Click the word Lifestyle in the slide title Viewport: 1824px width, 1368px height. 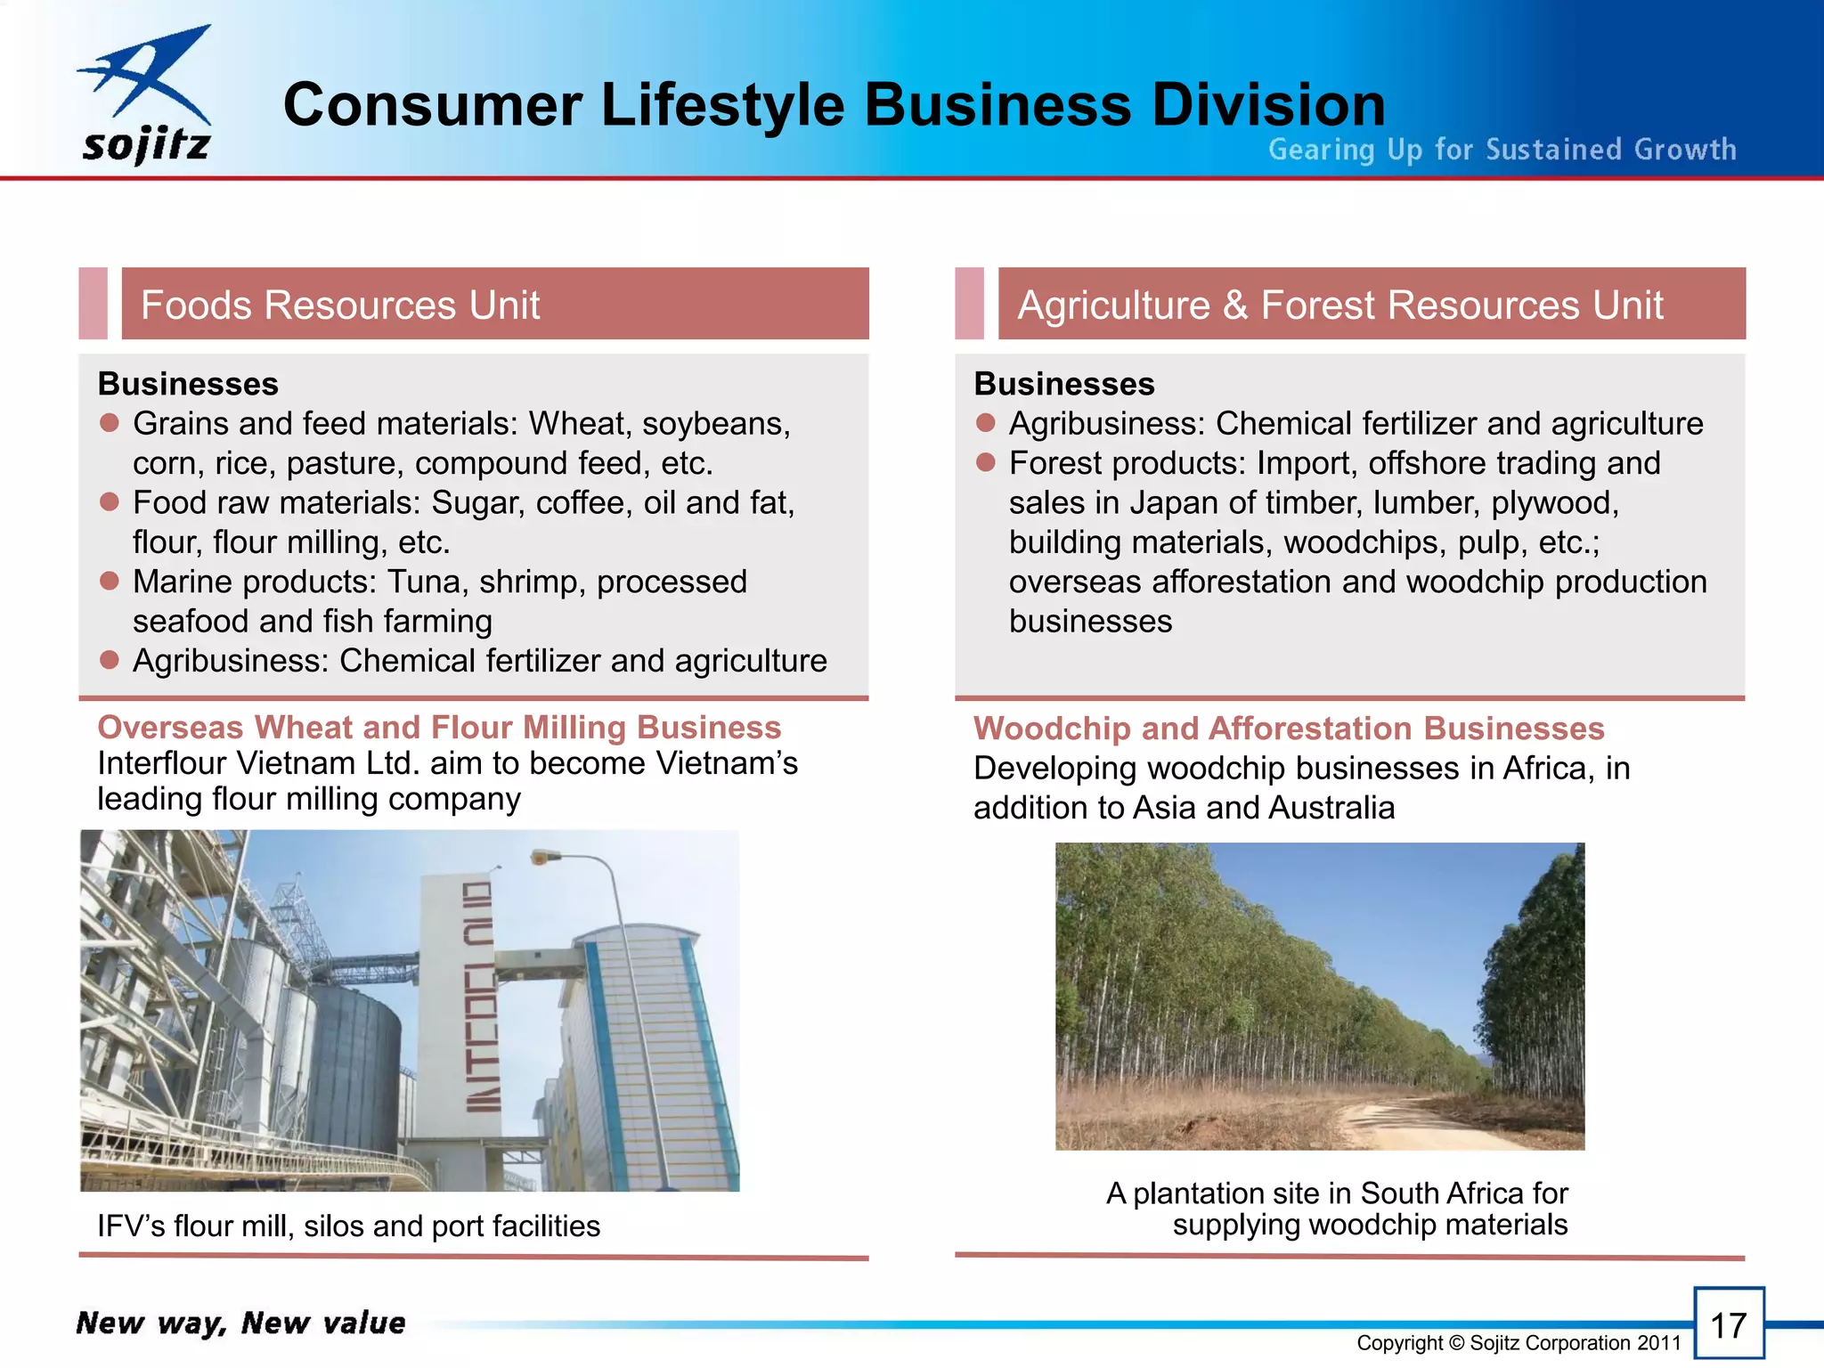point(722,105)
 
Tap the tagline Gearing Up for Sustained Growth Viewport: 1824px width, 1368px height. point(1502,150)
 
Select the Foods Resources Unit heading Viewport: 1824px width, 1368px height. point(340,305)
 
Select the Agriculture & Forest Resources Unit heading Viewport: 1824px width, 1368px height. point(1339,305)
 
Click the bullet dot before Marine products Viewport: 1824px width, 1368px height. point(110,582)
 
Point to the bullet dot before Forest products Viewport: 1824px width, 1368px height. point(985,462)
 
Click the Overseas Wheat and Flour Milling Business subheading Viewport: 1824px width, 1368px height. point(439,728)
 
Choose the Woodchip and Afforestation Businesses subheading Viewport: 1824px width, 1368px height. point(1289,729)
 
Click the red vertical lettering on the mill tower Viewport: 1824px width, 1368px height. point(479,997)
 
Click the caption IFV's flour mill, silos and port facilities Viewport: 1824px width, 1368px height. point(348,1226)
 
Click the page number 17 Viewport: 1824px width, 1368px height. point(1728,1324)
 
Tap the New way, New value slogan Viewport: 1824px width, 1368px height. point(240,1323)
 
